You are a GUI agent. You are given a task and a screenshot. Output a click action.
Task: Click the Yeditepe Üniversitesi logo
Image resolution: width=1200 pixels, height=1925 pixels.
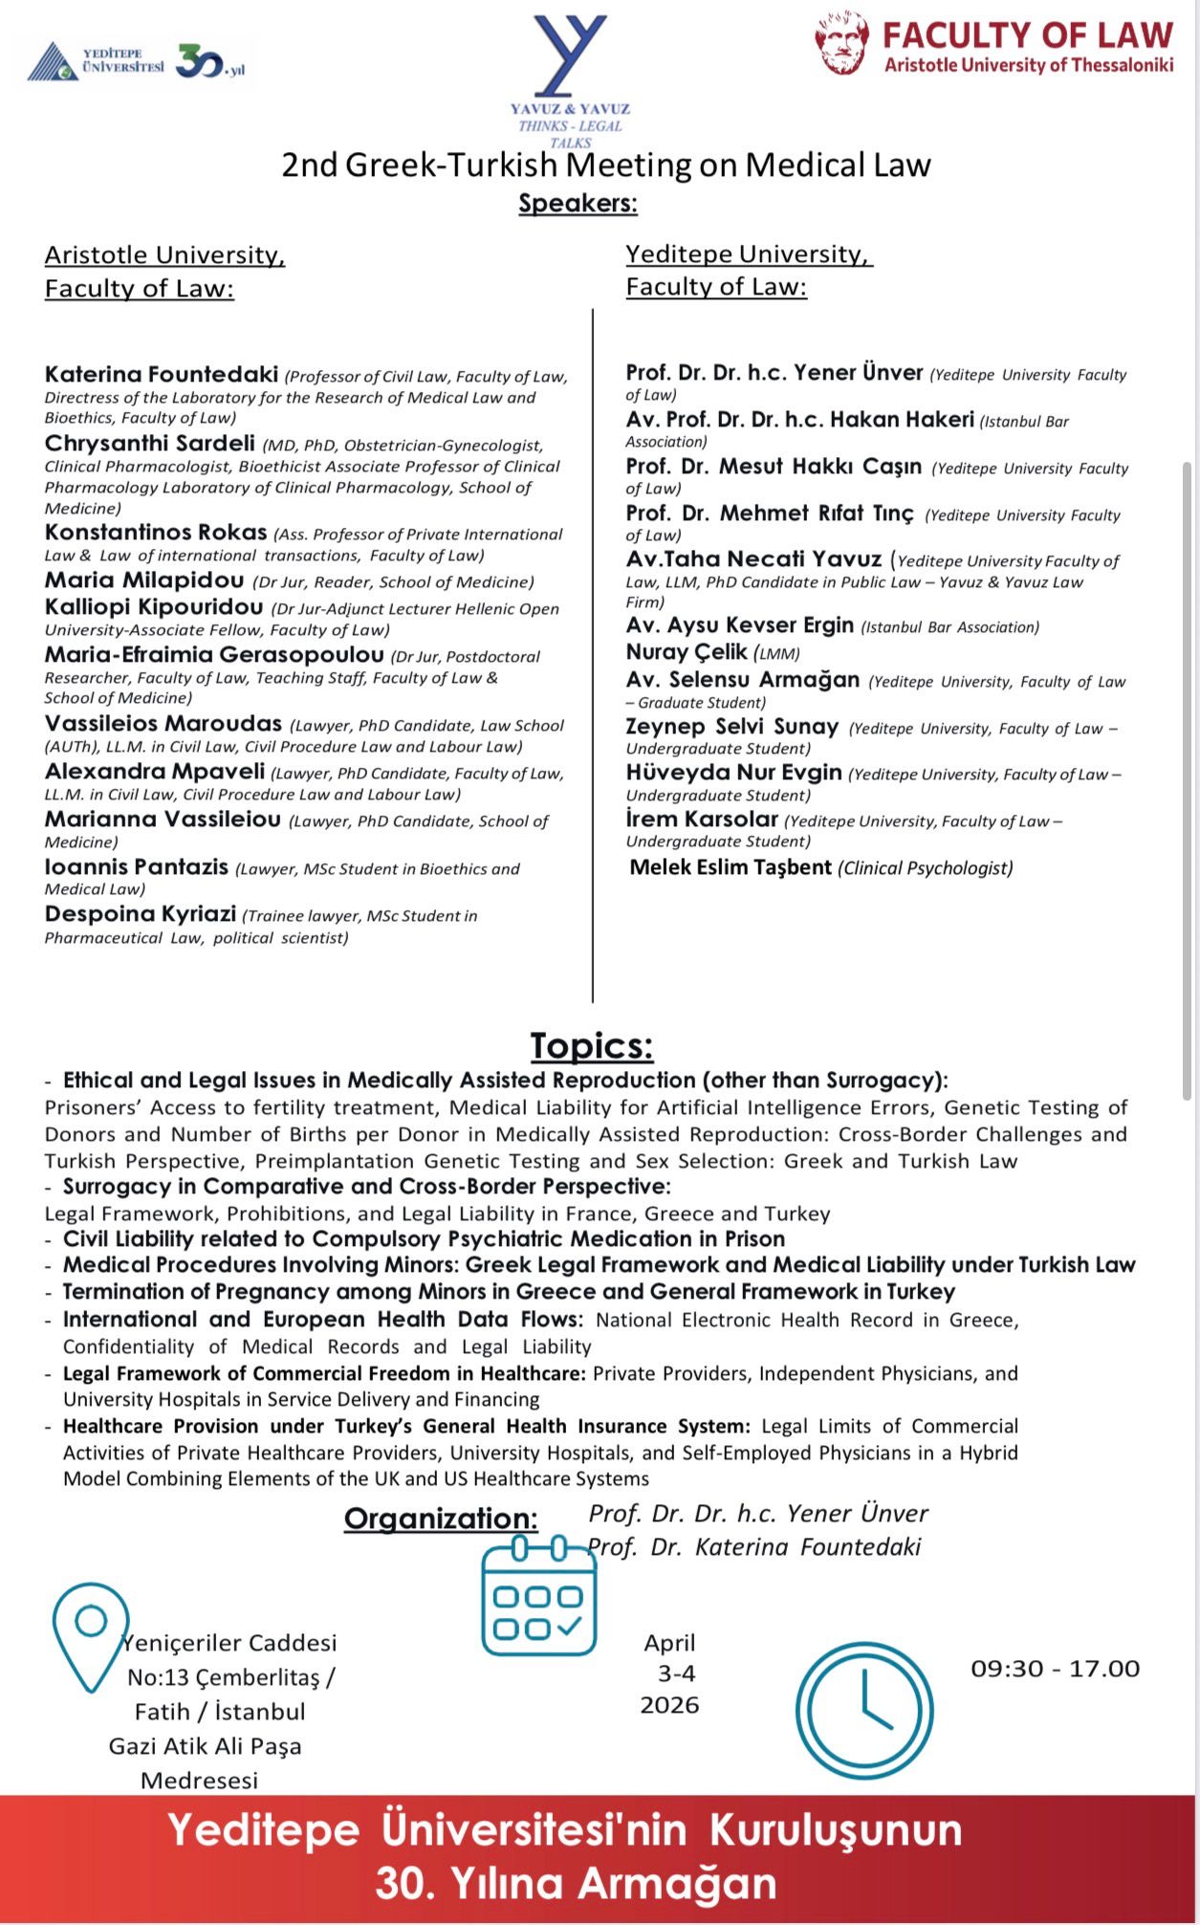[96, 63]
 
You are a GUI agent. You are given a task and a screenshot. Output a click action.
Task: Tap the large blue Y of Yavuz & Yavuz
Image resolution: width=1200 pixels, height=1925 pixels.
[570, 55]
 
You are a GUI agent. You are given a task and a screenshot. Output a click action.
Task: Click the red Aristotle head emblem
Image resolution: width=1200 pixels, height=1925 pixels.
[842, 43]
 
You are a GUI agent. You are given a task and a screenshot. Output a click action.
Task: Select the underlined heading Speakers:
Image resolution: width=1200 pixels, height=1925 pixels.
[578, 204]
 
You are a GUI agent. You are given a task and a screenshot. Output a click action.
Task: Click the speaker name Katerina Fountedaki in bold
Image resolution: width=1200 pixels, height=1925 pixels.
[161, 374]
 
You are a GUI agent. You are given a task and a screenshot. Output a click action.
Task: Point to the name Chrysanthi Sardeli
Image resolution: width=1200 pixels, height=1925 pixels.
[149, 443]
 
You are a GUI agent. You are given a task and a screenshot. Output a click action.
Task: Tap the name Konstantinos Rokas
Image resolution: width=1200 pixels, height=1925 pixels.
[155, 532]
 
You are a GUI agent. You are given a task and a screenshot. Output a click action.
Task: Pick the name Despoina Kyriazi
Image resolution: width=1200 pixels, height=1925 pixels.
[140, 913]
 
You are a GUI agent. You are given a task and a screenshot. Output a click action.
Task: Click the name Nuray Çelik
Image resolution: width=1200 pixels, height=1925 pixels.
[686, 651]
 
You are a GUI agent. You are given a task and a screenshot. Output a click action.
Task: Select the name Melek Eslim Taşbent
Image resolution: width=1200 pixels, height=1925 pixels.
[730, 867]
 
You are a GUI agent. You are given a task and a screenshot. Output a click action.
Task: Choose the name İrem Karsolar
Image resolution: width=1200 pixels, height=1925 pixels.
[701, 819]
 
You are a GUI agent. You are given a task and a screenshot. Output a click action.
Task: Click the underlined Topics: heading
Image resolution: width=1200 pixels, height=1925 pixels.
[592, 1045]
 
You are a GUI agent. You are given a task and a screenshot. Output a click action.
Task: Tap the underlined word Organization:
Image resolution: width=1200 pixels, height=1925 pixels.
[441, 1519]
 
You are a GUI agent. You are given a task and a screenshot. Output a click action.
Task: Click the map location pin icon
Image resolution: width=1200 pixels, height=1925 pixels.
[90, 1636]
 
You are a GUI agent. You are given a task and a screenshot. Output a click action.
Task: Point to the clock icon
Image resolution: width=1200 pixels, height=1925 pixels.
[864, 1710]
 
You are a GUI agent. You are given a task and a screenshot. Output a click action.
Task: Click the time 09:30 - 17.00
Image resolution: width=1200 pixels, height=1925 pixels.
[1055, 1669]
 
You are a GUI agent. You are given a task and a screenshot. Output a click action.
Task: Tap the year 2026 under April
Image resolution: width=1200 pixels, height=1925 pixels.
[669, 1705]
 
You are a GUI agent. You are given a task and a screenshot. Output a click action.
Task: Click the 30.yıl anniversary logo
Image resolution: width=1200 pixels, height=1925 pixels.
[211, 63]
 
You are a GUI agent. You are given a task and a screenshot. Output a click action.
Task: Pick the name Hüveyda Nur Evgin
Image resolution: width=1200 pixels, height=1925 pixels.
[733, 772]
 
